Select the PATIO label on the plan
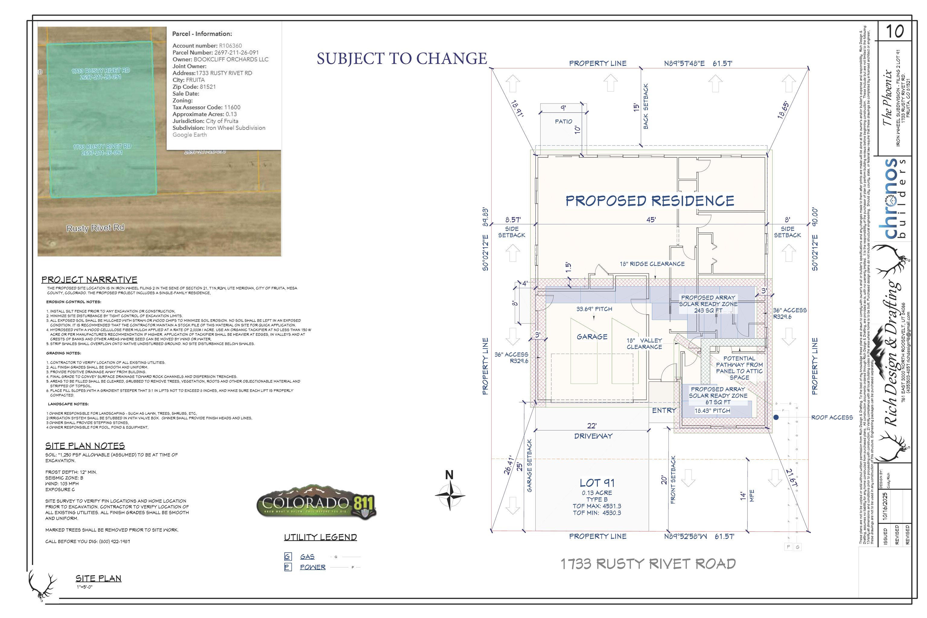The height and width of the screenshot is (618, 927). coord(563,121)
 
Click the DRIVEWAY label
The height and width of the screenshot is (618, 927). coord(593,436)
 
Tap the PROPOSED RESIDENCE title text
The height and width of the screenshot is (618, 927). coord(649,201)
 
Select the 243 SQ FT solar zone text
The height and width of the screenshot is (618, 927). coord(708,310)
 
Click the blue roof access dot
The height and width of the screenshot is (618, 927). coord(776,417)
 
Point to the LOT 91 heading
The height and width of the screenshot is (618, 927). coord(597,483)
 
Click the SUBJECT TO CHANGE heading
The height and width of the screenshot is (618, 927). coord(402,58)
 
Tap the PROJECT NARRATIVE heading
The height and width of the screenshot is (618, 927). coord(89,279)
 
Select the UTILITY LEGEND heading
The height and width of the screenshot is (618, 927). coord(320,537)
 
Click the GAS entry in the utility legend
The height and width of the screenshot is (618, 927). coord(307,556)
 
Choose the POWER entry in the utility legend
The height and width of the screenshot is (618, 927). coord(313,567)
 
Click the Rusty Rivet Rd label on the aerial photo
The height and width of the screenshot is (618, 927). coord(95,228)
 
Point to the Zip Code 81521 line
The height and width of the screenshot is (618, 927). coord(194,87)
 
